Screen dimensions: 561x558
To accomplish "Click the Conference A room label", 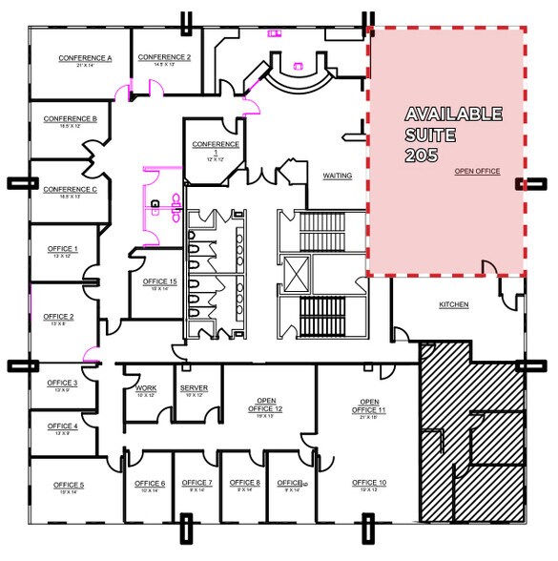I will point(85,58).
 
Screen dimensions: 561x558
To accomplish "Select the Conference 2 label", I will point(164,57).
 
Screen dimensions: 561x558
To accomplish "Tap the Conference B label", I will point(70,119).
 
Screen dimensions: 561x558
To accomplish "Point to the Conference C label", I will point(70,189).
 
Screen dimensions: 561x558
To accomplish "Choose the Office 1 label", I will point(63,249).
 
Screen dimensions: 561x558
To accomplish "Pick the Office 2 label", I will point(58,317).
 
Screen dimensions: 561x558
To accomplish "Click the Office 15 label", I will point(159,282).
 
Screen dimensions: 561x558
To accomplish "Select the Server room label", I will point(194,388).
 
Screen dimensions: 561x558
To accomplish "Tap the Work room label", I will point(146,388).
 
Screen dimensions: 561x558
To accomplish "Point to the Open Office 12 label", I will point(266,405).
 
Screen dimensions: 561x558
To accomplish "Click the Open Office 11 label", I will point(368,405).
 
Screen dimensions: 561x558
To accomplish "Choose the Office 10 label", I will point(368,483).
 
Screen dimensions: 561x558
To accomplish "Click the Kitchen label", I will point(454,305).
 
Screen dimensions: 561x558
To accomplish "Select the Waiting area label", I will point(338,177).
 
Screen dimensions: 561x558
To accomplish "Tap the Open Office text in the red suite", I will point(477,172).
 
